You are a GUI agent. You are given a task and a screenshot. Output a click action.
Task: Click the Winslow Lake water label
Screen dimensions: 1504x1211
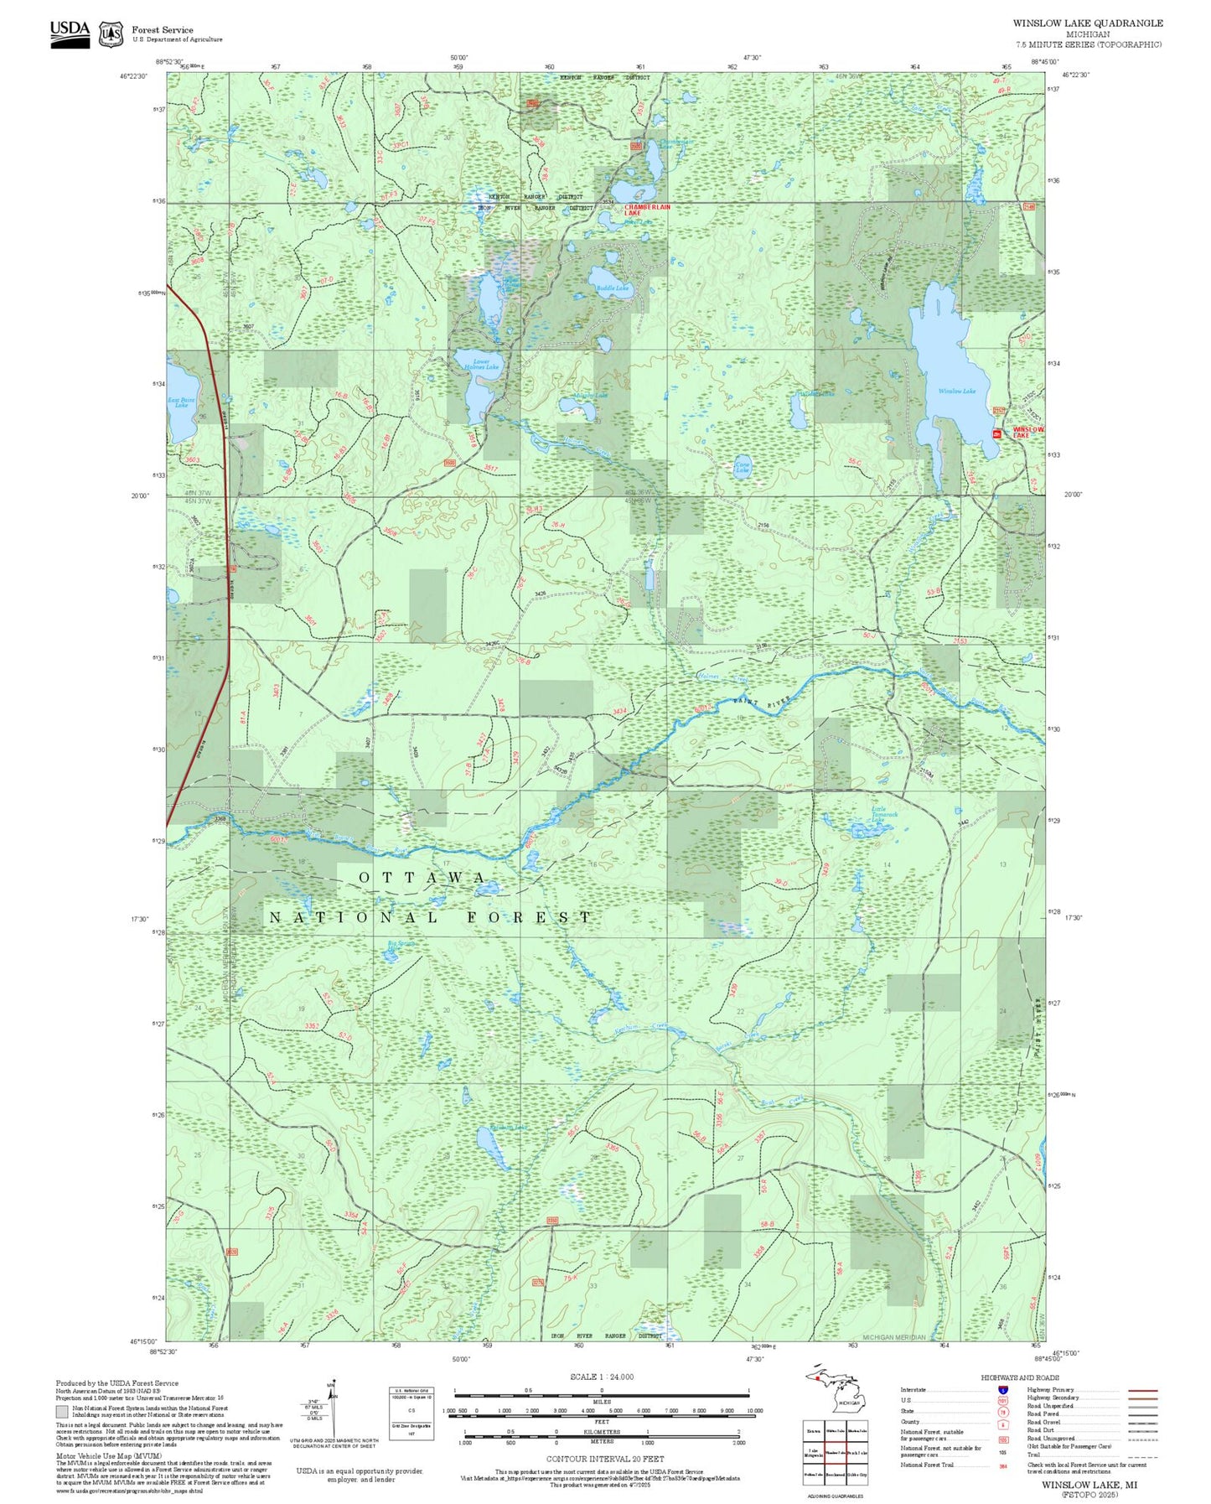pos(956,391)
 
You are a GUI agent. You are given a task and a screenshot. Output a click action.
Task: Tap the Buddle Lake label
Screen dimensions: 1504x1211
pos(612,288)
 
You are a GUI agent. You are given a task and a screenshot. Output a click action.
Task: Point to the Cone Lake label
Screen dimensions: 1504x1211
pos(742,467)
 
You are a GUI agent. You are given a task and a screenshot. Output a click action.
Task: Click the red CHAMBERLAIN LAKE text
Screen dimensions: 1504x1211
pos(647,210)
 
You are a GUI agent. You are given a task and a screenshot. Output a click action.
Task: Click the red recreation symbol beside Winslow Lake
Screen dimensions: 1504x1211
pos(996,433)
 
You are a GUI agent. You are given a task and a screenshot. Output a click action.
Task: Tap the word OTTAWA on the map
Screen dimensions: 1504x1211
pos(422,878)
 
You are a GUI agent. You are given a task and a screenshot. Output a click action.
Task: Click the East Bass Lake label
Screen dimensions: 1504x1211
pos(181,402)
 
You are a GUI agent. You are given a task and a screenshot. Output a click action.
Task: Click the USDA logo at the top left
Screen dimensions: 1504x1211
pos(70,34)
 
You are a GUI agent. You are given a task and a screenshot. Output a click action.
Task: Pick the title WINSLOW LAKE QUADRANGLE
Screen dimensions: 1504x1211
pos(1087,23)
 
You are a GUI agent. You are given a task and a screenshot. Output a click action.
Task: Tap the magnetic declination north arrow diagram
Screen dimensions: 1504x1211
pos(334,1412)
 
